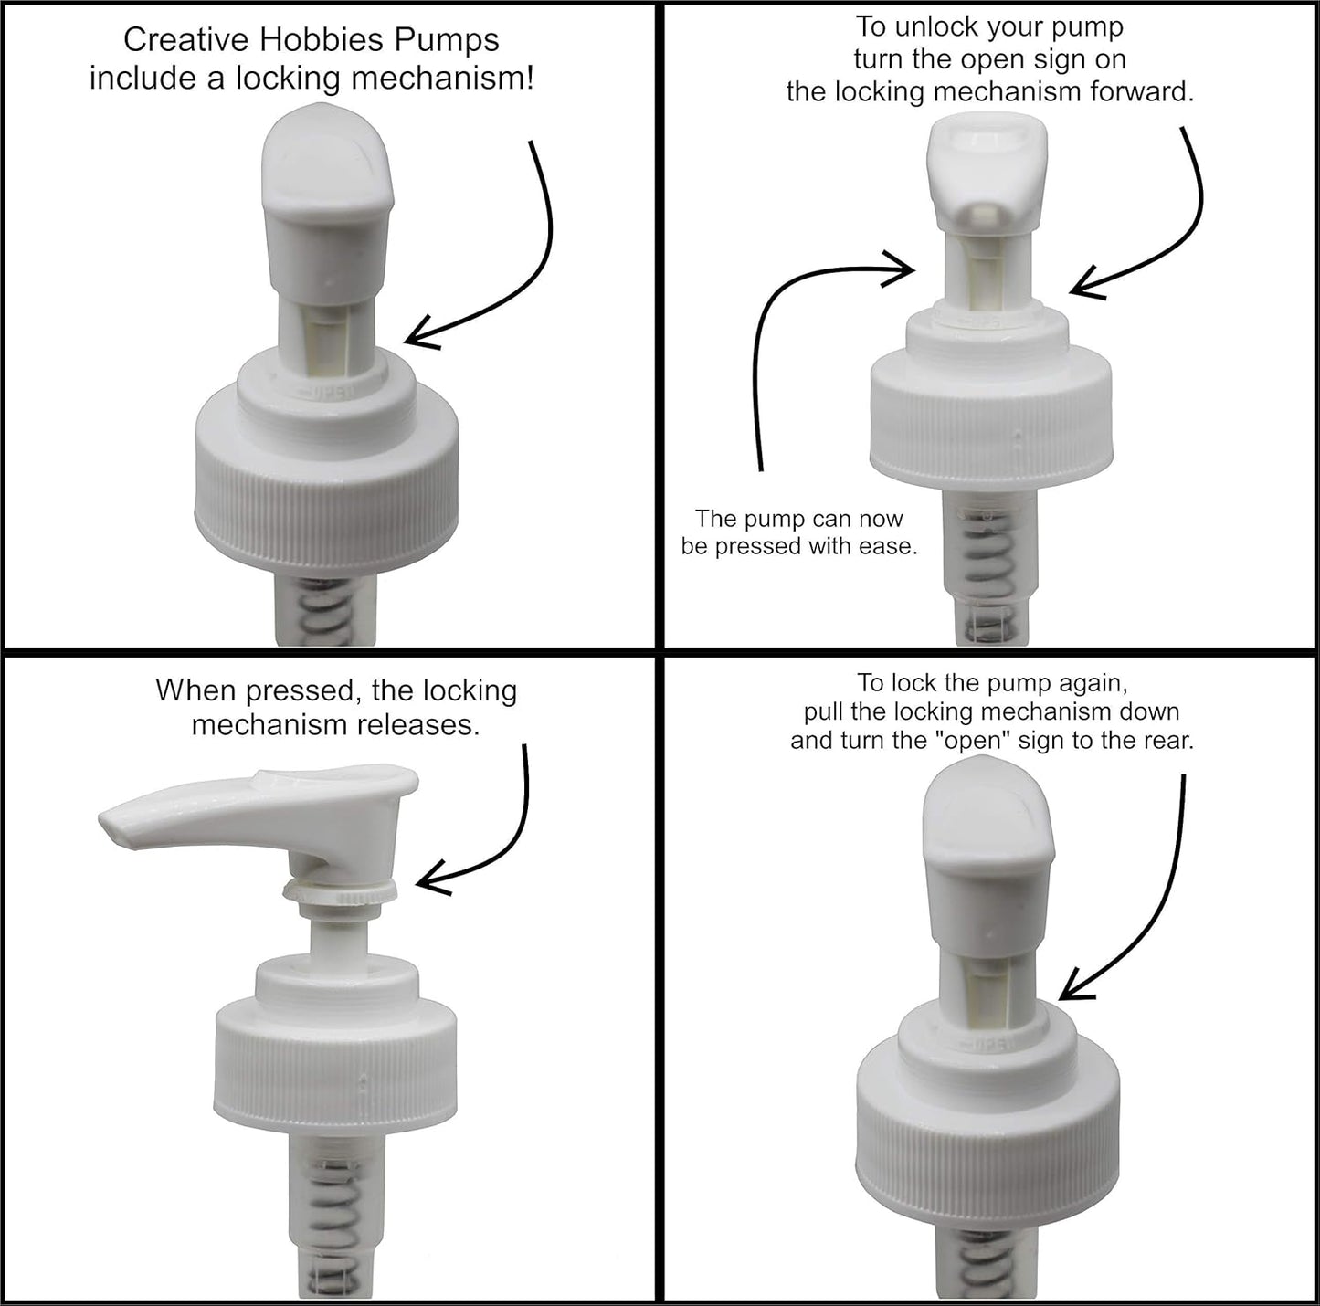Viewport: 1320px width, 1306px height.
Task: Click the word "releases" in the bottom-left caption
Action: point(421,725)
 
